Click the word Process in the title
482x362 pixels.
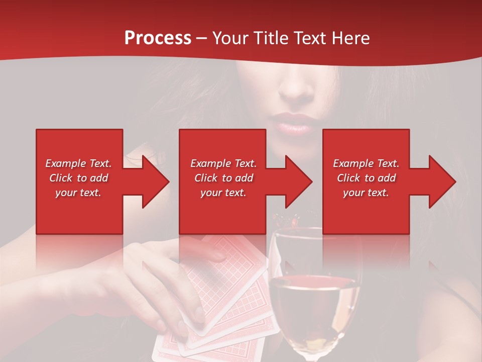pyautogui.click(x=158, y=38)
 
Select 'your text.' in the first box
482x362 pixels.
pyautogui.click(x=78, y=193)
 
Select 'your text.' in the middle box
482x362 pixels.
pyautogui.click(x=223, y=193)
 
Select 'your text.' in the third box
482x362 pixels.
pyautogui.click(x=366, y=193)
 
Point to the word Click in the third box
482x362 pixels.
pyautogui.click(x=348, y=178)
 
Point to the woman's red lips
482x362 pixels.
pyautogui.click(x=292, y=123)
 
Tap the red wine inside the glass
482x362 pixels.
pyautogui.click(x=314, y=302)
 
